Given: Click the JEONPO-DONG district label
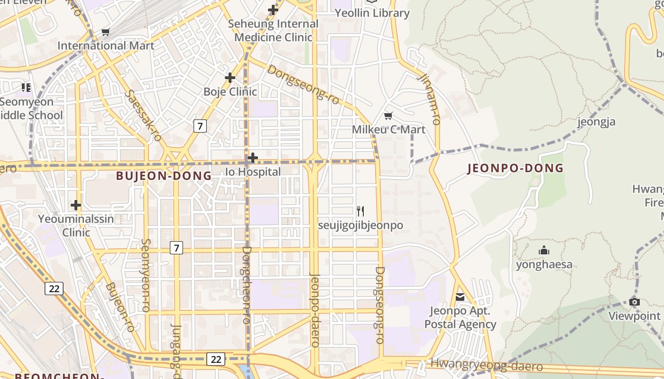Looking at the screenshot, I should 516,168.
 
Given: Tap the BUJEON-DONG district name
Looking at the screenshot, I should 164,176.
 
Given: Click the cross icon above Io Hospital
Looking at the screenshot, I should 253,158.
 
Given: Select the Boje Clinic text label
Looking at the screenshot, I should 230,91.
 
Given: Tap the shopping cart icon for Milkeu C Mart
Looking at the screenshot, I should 388,116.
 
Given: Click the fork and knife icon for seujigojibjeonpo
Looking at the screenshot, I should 360,211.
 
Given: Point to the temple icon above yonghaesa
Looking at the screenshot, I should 544,251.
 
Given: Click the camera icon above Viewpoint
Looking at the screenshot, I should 634,302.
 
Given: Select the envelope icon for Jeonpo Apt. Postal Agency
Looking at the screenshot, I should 460,297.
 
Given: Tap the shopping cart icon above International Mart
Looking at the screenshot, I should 105,32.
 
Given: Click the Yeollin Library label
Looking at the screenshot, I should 372,13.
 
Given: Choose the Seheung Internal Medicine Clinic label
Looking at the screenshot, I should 273,30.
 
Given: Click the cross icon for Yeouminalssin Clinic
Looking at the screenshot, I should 75,205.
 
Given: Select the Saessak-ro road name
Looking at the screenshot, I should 143,116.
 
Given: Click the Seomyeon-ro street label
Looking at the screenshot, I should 145,275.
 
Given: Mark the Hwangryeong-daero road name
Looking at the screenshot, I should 486,366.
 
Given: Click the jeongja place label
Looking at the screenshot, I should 596,122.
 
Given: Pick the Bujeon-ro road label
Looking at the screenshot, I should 120,307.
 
